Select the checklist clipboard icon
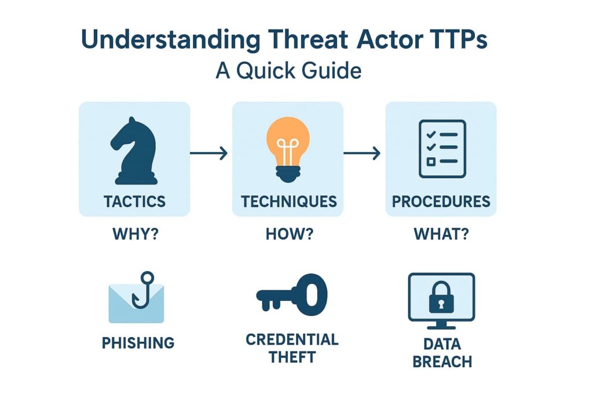(x=442, y=149)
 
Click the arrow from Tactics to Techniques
(x=209, y=153)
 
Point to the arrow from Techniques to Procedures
(x=362, y=153)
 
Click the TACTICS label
(x=134, y=201)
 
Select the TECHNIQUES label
(x=288, y=201)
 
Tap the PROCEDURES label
(x=441, y=201)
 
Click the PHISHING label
(x=138, y=342)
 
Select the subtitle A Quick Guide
(x=288, y=71)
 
